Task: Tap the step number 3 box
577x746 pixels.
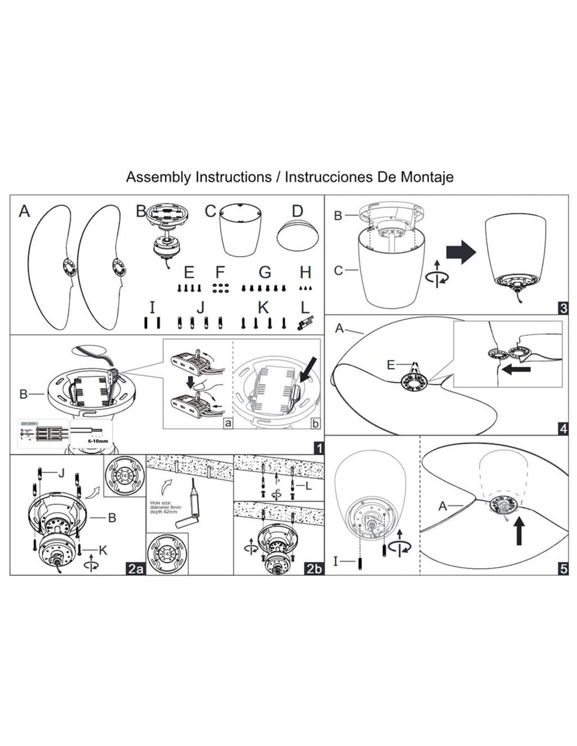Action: [x=563, y=308]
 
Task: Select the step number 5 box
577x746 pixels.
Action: [x=563, y=569]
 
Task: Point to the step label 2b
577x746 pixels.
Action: [x=314, y=569]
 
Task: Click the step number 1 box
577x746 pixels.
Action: [x=317, y=448]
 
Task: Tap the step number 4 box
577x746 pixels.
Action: [x=563, y=429]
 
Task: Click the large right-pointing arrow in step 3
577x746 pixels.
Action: [x=461, y=252]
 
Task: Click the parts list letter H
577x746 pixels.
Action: [x=305, y=272]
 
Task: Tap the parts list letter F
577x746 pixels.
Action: [x=220, y=272]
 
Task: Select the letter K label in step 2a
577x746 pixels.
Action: [x=103, y=550]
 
